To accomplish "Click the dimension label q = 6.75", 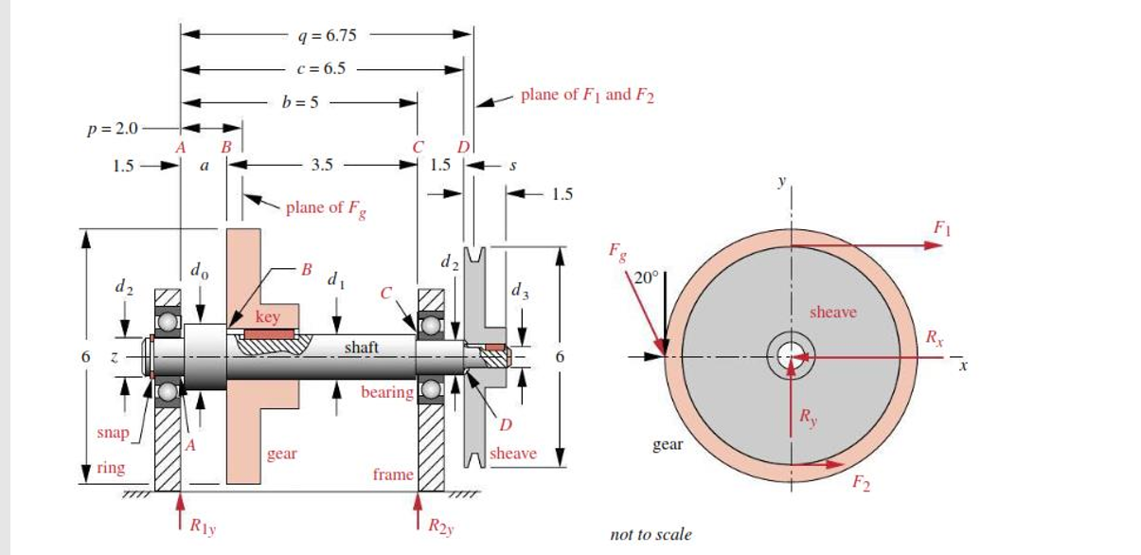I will point(326,35).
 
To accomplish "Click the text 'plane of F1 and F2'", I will point(587,96).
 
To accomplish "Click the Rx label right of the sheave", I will point(935,336).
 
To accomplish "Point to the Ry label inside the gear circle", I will point(808,416).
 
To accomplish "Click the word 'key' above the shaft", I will point(268,316).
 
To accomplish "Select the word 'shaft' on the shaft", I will point(362,348).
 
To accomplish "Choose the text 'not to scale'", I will point(651,534).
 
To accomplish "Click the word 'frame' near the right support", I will point(392,474).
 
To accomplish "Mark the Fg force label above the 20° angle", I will point(616,253).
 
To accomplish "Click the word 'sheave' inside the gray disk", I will point(833,312).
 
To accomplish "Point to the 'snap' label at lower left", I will point(112,433).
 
